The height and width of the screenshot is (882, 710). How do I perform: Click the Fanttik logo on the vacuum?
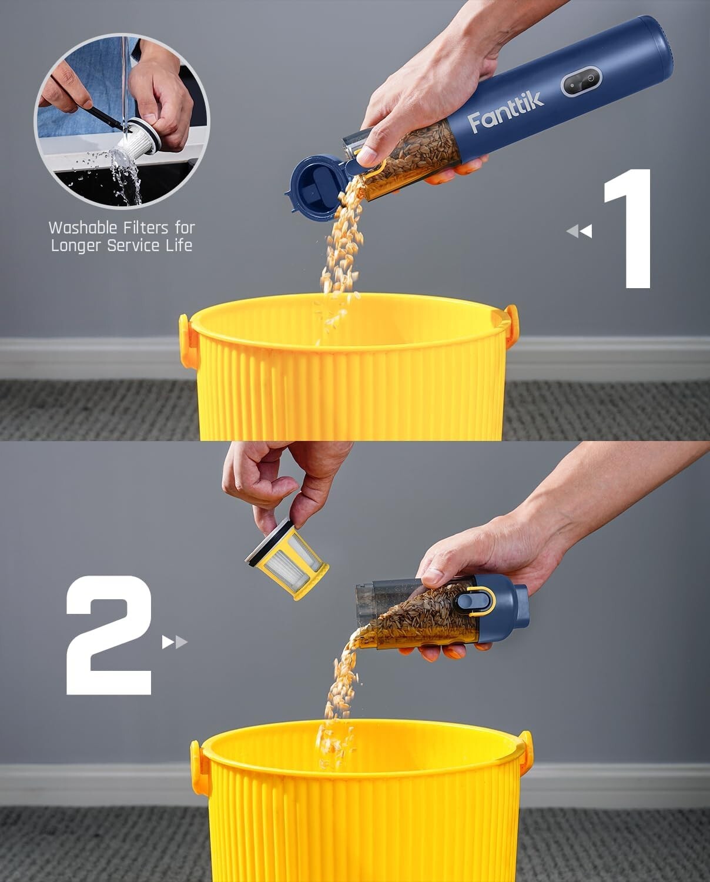pyautogui.click(x=505, y=112)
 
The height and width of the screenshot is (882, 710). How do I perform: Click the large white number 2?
pyautogui.click(x=109, y=635)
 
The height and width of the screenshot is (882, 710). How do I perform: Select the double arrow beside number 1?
pyautogui.click(x=579, y=232)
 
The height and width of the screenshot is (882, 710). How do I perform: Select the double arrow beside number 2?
pyautogui.click(x=175, y=642)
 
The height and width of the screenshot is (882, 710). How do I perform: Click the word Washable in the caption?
pyautogui.click(x=83, y=228)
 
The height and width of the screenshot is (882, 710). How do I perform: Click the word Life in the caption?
pyautogui.click(x=179, y=245)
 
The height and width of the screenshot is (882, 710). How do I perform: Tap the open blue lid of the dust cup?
pyautogui.click(x=314, y=187)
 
